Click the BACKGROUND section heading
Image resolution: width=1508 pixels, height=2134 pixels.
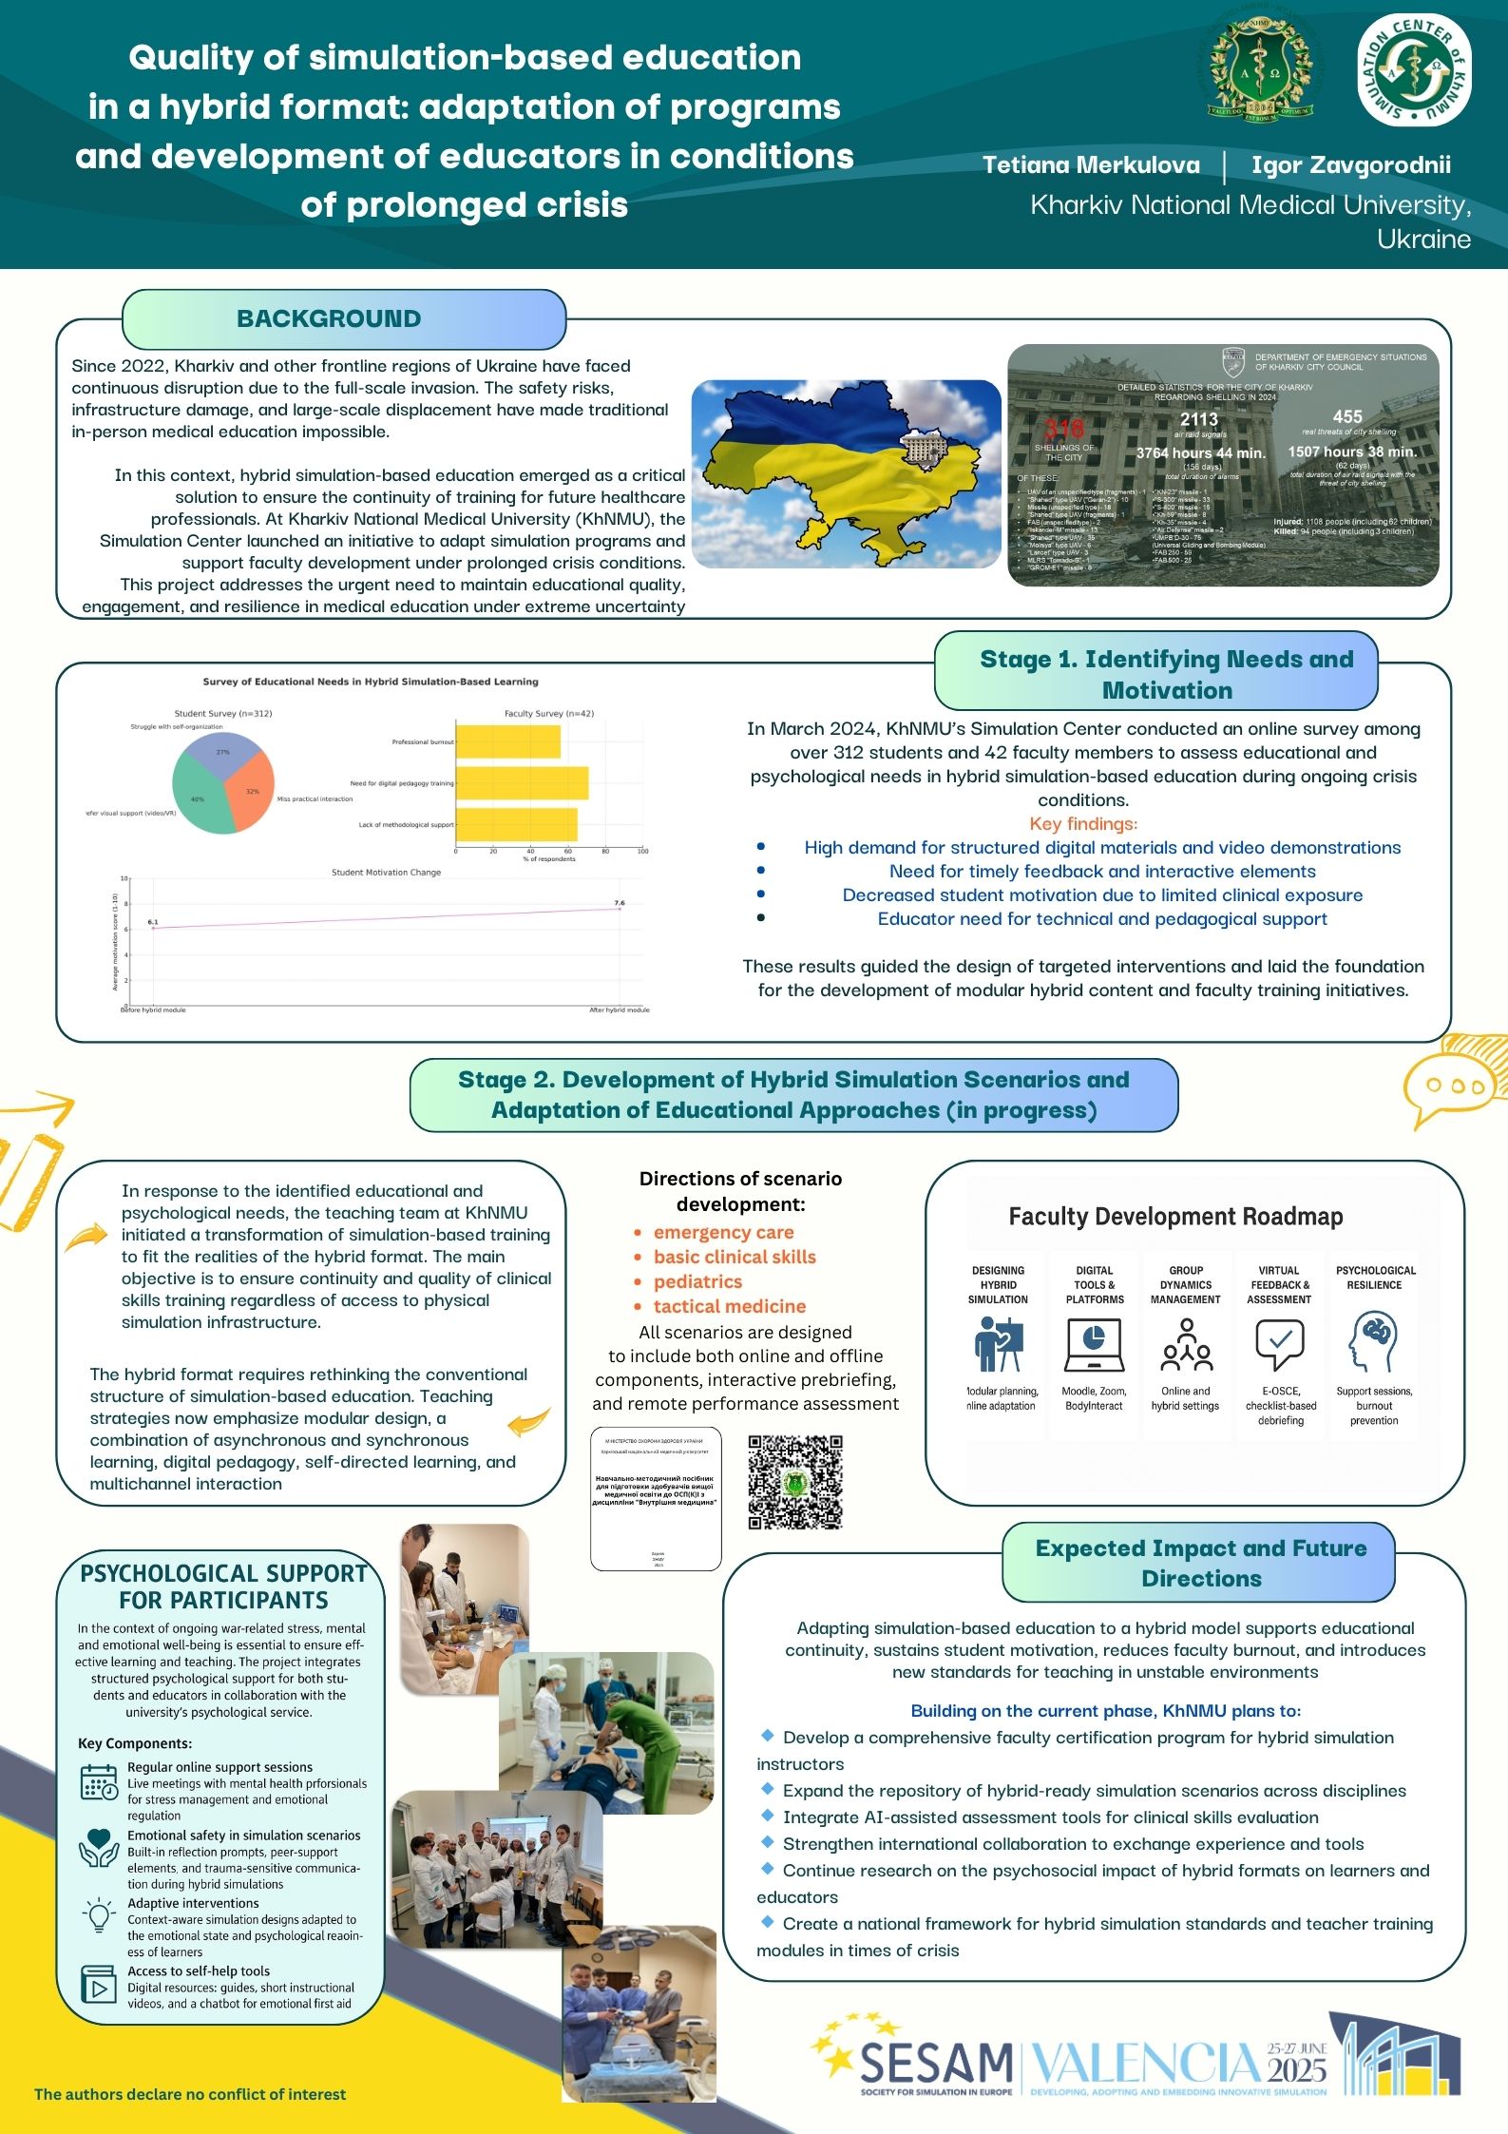point(329,319)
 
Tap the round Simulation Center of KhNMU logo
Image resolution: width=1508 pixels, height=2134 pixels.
point(1414,71)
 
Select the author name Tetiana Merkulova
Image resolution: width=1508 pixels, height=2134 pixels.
point(1091,165)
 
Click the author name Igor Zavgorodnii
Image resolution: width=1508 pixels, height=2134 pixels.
point(1350,165)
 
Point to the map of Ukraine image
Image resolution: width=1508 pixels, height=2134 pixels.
point(846,473)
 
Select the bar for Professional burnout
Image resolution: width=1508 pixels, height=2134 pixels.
point(508,741)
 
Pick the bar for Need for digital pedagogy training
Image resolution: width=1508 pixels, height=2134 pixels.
point(522,783)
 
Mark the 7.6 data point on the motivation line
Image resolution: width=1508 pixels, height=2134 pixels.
point(620,909)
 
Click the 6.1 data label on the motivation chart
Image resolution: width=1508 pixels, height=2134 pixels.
point(153,921)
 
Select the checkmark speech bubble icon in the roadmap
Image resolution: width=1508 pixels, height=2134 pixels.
point(1279,1341)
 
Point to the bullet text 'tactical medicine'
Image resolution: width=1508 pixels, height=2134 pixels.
point(729,1306)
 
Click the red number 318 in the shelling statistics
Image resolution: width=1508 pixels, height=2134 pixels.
point(1063,429)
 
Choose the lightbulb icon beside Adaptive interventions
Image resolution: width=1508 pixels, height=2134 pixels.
point(99,1916)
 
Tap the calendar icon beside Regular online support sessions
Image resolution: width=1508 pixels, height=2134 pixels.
point(99,1782)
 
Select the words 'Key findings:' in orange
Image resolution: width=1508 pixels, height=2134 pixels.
point(1083,823)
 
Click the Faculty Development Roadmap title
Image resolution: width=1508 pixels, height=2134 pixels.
point(1175,1217)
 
